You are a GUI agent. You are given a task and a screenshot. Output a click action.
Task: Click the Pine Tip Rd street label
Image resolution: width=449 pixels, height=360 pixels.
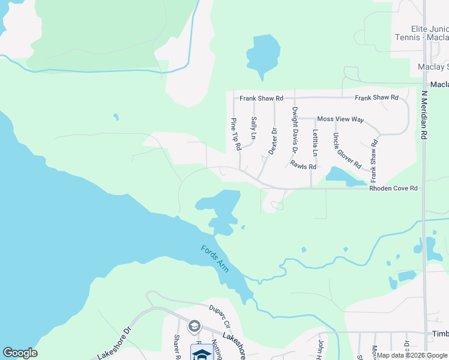pos(236,134)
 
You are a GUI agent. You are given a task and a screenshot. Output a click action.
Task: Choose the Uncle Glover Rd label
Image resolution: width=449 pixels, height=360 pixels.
pos(347,150)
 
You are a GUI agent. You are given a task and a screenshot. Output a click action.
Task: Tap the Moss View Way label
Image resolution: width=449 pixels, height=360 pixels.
pos(340,119)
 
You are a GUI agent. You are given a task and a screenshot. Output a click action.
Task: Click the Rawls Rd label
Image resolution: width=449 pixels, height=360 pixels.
pos(303,164)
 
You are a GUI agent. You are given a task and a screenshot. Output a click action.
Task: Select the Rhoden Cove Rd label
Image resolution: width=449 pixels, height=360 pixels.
pos(393,188)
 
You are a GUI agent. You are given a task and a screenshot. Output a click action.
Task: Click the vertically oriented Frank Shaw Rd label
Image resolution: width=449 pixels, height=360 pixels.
pos(373,161)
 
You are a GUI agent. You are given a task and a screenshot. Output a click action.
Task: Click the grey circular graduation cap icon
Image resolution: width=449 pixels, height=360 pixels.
pos(194,326)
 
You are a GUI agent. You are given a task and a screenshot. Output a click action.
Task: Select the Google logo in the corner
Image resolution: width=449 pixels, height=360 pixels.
pos(20,353)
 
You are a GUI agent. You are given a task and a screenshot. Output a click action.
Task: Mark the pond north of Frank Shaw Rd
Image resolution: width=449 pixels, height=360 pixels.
pos(262,54)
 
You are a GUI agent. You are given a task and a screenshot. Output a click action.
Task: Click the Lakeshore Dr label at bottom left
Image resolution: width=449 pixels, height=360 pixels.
pos(114,343)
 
